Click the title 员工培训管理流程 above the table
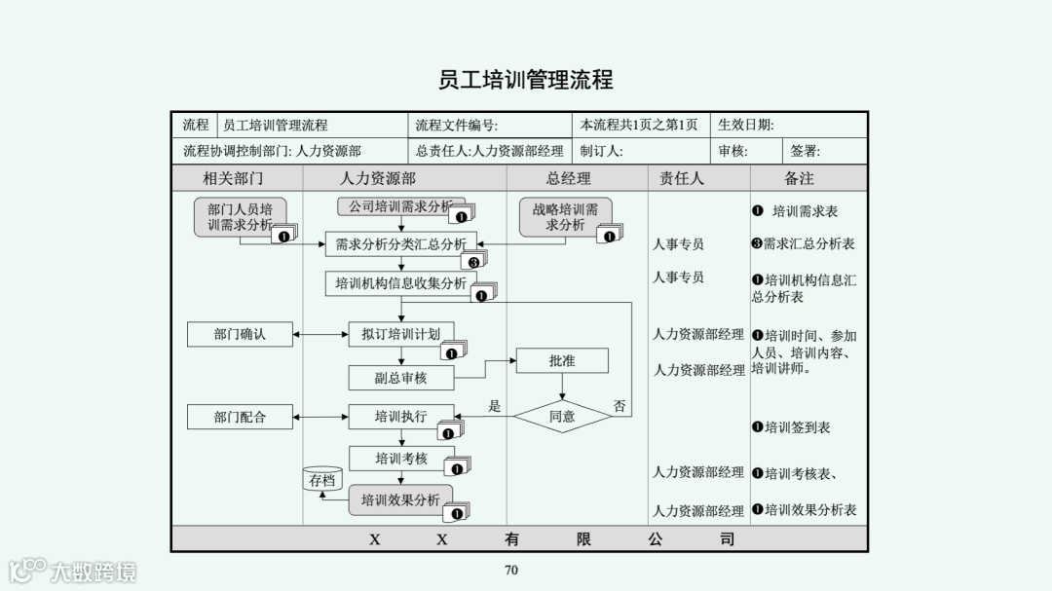(526, 79)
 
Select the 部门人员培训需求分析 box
(240, 217)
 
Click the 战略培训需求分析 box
(565, 217)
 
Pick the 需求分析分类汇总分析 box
(400, 244)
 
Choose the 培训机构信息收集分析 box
(400, 283)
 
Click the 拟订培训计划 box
(400, 334)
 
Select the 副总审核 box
(400, 378)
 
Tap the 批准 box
(562, 360)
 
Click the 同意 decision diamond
(562, 416)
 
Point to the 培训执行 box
(400, 417)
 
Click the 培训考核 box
(400, 459)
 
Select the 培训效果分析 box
(400, 500)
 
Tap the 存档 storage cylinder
(322, 480)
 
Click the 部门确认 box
(240, 334)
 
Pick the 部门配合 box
(240, 417)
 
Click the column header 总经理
(568, 178)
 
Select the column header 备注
(799, 178)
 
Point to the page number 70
(511, 571)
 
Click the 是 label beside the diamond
(494, 406)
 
